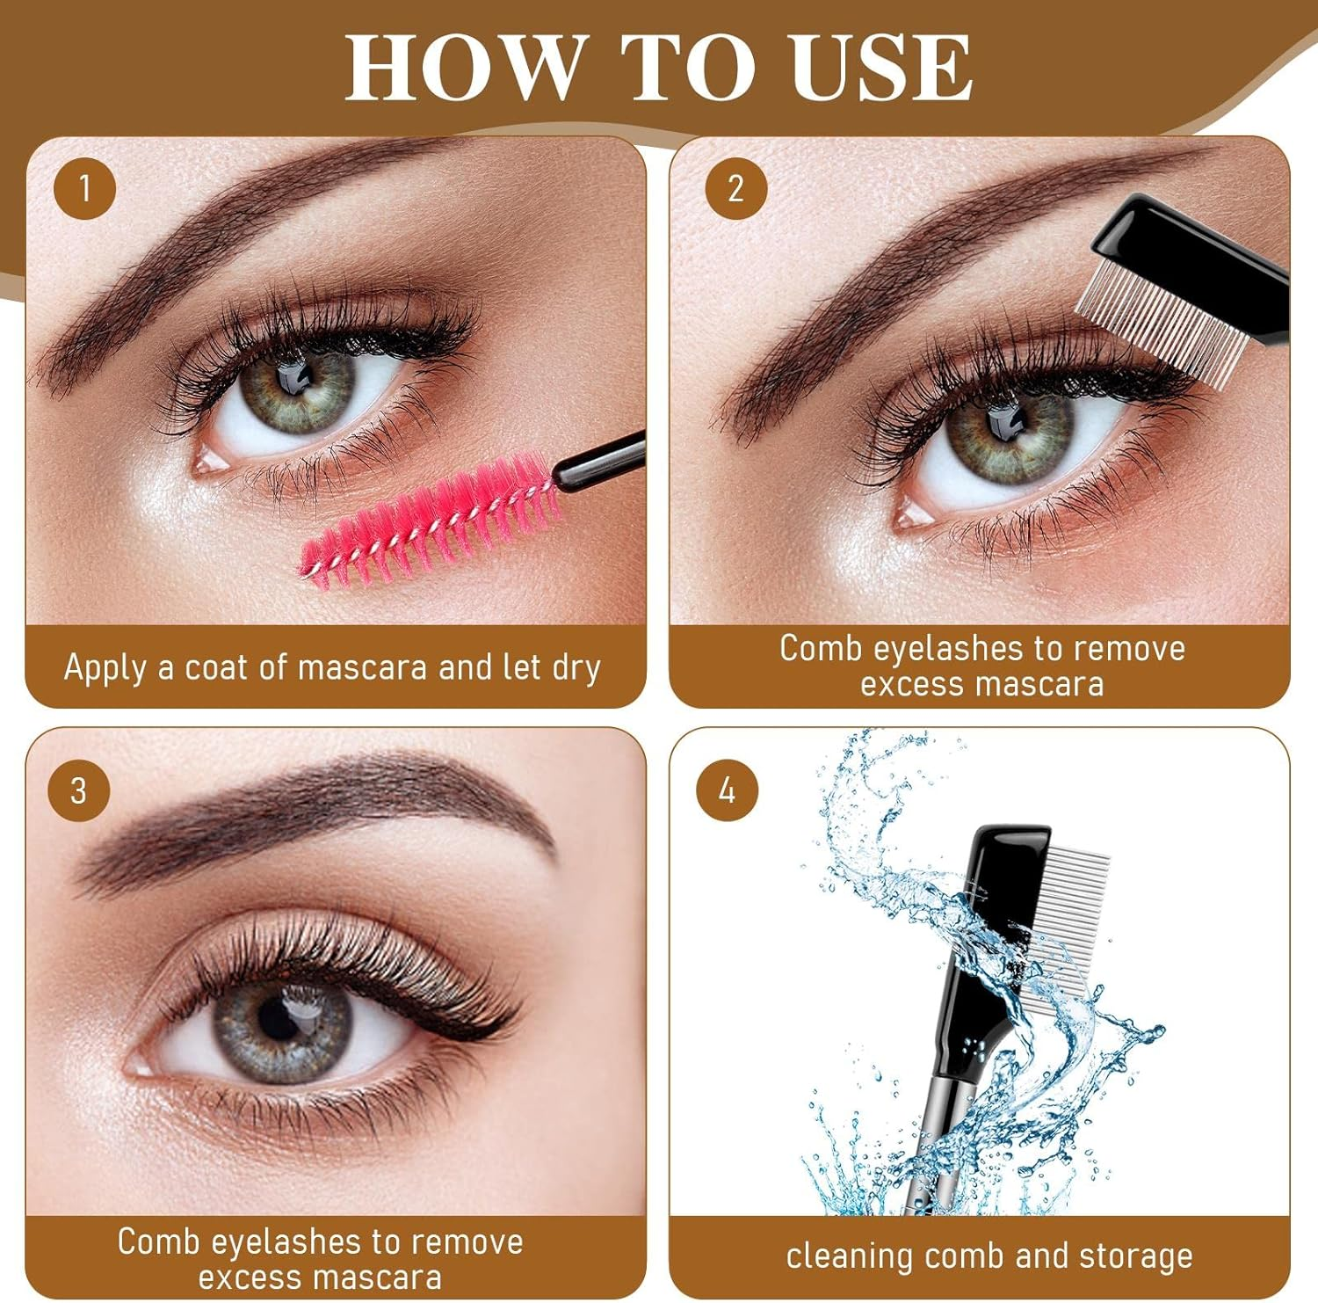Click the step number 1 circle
[x=84, y=188]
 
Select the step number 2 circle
[x=735, y=188]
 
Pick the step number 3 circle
[x=78, y=790]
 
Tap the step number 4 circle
[x=727, y=790]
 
